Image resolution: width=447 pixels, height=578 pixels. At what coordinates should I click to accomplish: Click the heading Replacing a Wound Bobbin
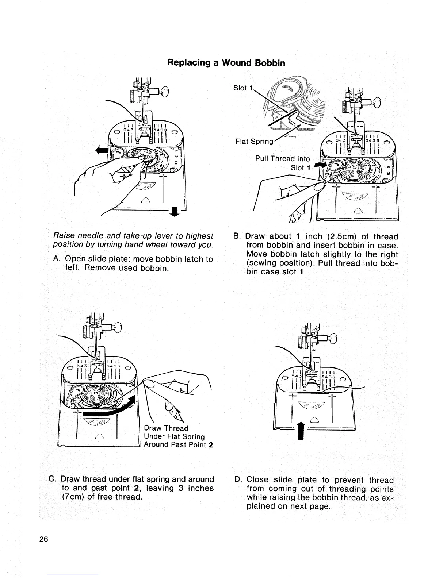coord(226,63)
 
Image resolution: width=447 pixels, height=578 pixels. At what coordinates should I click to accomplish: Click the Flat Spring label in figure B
coord(254,141)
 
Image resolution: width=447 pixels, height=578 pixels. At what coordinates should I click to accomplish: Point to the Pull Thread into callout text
coord(282,159)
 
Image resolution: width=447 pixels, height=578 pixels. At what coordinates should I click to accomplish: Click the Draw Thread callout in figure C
coord(166,428)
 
